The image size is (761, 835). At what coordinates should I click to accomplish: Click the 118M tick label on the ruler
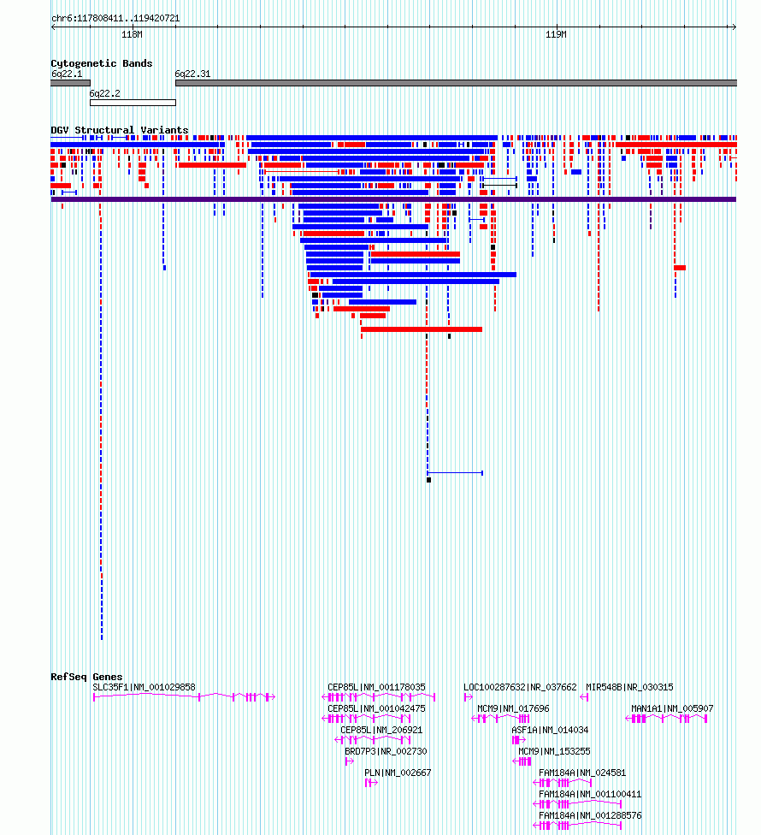point(132,34)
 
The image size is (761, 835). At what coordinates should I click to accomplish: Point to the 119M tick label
point(556,34)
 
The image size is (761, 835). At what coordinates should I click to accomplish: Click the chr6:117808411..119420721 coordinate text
point(115,19)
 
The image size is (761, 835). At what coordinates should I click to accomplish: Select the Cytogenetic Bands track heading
point(102,63)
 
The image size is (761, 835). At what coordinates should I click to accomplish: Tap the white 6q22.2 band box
point(133,103)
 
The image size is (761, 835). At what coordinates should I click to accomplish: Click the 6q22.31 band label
point(192,74)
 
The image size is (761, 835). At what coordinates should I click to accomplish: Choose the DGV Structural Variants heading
point(120,130)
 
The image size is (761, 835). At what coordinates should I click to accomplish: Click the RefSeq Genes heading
point(86,677)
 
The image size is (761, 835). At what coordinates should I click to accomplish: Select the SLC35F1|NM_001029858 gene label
point(145,688)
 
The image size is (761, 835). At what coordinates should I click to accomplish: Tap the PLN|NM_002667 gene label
point(398,773)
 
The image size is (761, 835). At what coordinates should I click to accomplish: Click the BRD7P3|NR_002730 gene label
point(386,751)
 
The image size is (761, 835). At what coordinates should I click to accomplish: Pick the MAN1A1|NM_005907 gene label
point(672,708)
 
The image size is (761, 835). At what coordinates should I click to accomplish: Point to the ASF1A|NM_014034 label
point(550,730)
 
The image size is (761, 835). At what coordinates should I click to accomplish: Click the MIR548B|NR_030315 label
point(629,688)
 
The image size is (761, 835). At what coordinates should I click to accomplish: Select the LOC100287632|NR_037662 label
point(520,688)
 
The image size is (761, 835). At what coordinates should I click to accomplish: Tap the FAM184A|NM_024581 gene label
point(582,773)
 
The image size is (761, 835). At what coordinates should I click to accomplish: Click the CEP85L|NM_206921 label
point(381,730)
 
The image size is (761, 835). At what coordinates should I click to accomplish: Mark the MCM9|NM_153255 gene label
point(554,751)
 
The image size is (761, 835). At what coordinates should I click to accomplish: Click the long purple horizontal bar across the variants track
point(393,199)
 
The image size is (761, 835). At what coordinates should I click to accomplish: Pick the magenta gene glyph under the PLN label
point(371,783)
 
